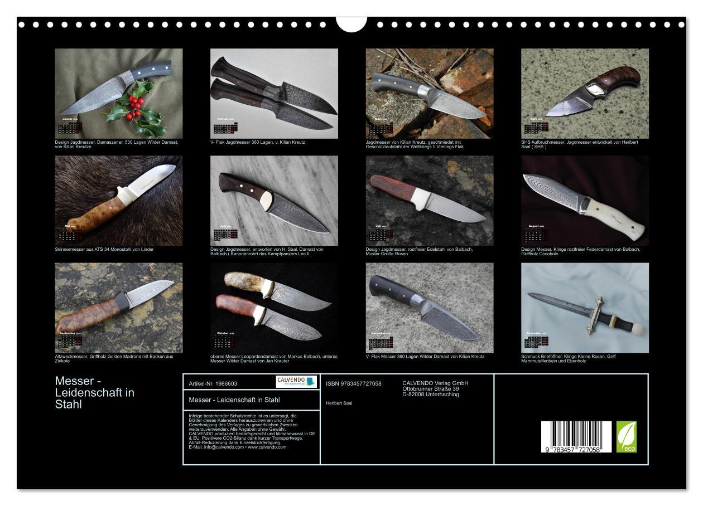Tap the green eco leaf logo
coord(626,436)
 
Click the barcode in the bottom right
coord(576,436)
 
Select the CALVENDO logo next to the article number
coord(296,382)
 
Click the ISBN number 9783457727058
coord(354,384)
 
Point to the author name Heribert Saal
coord(339,403)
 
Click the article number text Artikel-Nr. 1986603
coord(213,384)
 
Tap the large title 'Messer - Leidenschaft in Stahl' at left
coord(95,392)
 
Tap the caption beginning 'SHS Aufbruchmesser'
coord(579,144)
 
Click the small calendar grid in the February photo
coord(224,129)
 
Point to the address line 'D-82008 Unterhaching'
coord(431,395)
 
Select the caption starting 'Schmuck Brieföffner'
coord(568,358)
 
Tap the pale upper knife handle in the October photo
coord(244,281)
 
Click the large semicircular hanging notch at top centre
coord(351,23)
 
